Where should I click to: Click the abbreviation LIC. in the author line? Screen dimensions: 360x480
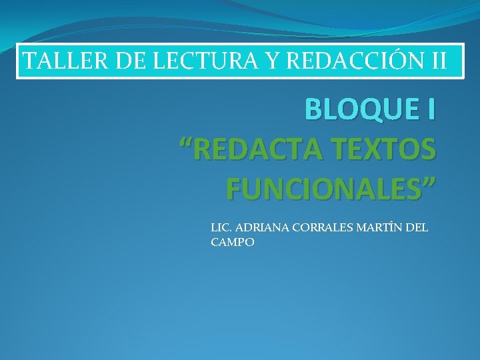click(x=221, y=228)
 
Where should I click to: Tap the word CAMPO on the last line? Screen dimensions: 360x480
click(x=232, y=243)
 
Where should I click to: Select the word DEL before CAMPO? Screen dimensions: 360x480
click(x=417, y=228)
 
